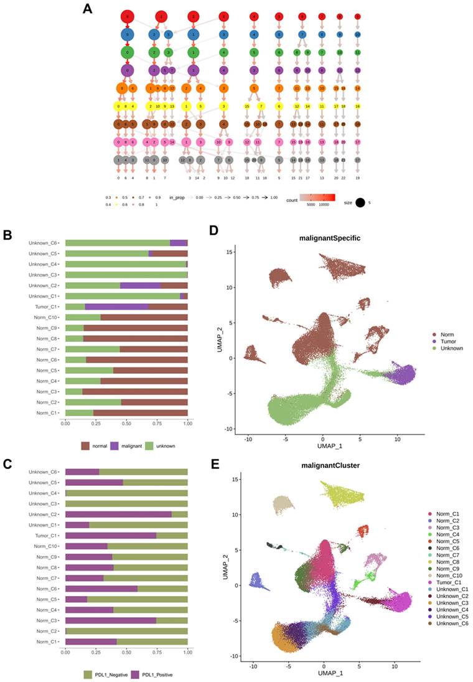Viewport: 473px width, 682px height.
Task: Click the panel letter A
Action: click(87, 9)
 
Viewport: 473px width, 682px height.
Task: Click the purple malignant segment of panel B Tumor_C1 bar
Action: click(116, 307)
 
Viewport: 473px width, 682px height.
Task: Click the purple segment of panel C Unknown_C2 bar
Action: click(118, 514)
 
